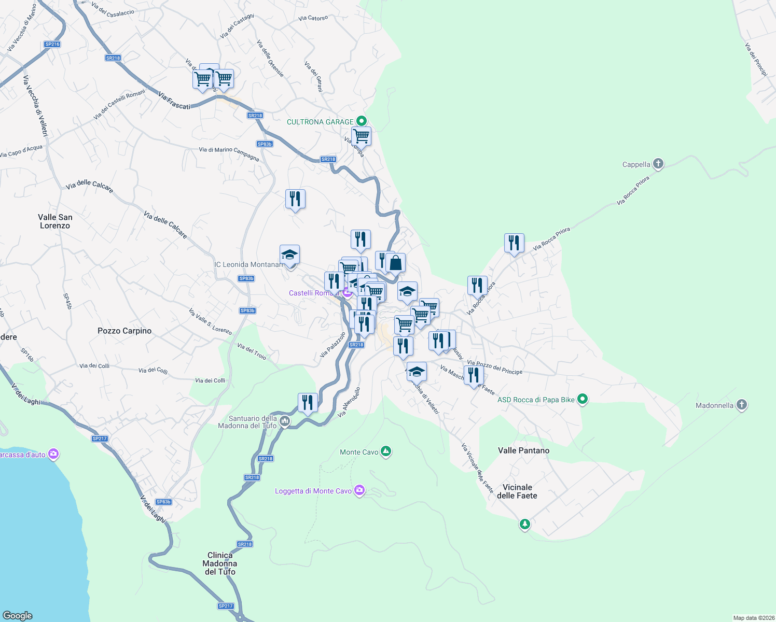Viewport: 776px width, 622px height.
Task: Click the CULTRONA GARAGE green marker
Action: pos(362,121)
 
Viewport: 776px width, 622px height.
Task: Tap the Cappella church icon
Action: pos(658,164)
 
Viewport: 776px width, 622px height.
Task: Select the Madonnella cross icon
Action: pos(742,405)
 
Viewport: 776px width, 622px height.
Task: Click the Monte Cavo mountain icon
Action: pos(385,451)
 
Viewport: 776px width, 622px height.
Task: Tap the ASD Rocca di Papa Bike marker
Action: pos(583,399)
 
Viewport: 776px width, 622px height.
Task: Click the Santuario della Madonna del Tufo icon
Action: pos(284,421)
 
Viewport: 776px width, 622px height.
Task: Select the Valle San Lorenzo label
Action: pos(55,221)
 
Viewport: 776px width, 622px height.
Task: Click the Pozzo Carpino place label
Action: pos(124,331)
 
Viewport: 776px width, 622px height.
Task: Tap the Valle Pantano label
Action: pos(523,450)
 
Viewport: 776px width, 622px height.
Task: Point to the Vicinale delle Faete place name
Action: pos(517,491)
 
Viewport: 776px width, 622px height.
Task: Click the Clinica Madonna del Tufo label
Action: pos(220,563)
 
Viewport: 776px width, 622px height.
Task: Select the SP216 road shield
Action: pos(52,44)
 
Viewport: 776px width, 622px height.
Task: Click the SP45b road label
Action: pos(67,301)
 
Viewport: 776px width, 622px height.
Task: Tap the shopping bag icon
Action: pos(395,263)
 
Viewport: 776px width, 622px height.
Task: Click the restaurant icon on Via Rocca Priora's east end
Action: pos(514,243)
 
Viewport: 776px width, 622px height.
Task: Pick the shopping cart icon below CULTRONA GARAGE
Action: pos(361,137)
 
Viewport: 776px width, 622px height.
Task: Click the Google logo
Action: pos(18,615)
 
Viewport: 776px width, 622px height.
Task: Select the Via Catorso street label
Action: pos(313,18)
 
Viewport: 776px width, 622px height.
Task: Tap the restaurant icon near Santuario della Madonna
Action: pos(308,402)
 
